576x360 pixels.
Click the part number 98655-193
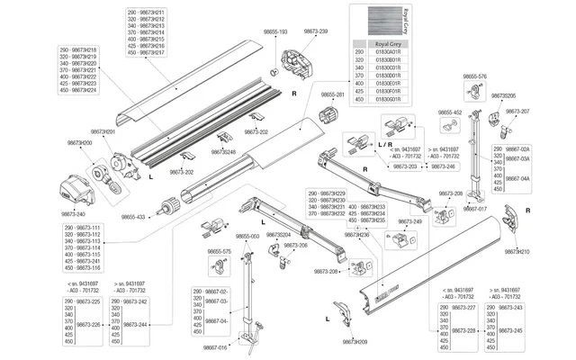pyautogui.click(x=275, y=31)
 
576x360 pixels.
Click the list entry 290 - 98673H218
pyautogui.click(x=78, y=50)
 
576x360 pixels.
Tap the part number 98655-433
pyautogui.click(x=134, y=217)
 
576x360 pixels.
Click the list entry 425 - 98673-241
pyautogui.click(x=78, y=261)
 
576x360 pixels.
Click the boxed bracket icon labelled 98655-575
pyautogui.click(x=216, y=265)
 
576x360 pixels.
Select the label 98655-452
pyautogui.click(x=449, y=113)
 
